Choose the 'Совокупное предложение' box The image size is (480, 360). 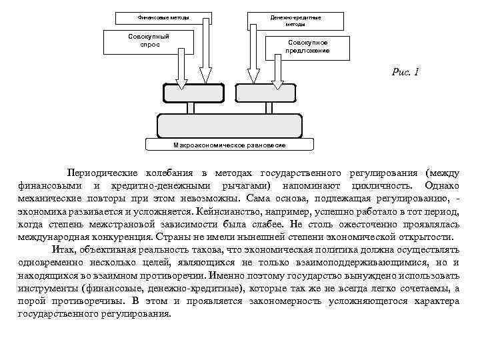click(307, 47)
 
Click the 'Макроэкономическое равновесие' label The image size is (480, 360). click(229, 145)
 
